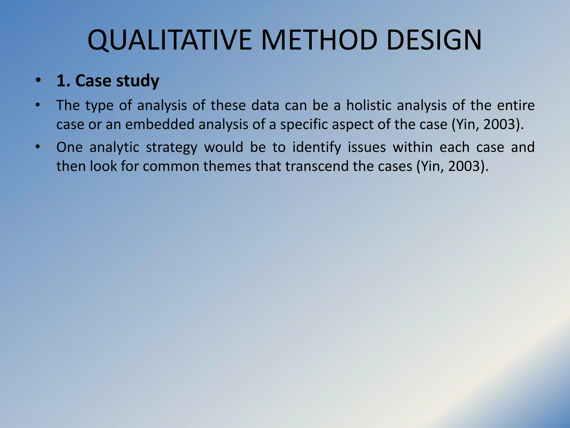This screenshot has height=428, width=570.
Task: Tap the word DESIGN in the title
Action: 434,40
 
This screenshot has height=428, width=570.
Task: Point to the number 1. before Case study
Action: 63,81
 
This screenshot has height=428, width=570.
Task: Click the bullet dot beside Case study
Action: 38,81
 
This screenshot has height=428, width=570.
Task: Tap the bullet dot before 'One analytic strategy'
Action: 38,147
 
